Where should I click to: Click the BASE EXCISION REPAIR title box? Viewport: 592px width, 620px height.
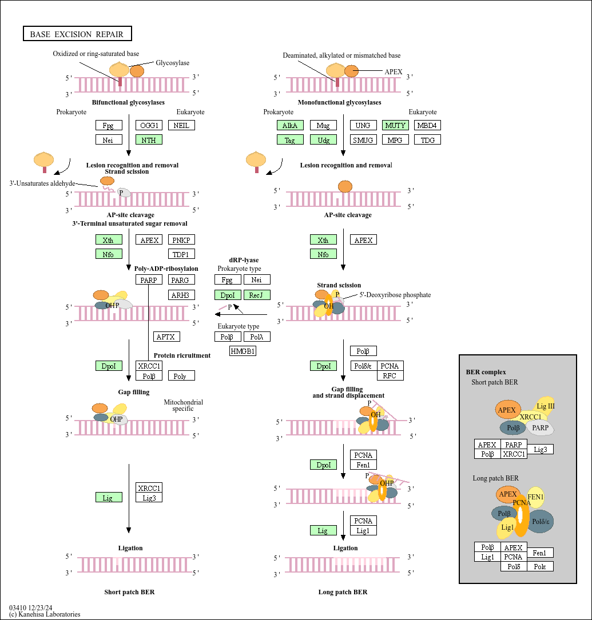coord(77,34)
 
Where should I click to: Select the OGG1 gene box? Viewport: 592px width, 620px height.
coord(149,125)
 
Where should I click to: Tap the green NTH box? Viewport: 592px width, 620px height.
coord(149,139)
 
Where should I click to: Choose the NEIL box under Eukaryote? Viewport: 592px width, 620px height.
coord(181,125)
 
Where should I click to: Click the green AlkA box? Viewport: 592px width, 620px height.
coord(290,125)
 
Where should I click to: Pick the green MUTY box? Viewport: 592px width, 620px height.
coord(395,125)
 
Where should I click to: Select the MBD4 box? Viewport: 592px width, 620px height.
coord(427,125)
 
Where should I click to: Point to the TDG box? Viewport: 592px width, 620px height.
coord(427,139)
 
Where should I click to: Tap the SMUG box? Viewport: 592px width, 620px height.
coord(363,139)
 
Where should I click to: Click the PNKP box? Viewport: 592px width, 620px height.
coord(181,240)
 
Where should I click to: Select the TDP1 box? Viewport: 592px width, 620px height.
coord(181,254)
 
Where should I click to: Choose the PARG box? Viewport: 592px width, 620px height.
coord(181,280)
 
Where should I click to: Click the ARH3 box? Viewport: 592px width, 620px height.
coord(181,295)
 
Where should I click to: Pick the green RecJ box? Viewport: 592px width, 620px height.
coord(257,295)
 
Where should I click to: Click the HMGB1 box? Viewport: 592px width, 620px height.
coord(243,351)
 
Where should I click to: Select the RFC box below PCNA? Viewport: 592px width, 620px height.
coord(390,375)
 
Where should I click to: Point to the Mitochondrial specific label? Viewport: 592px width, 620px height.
coord(184,405)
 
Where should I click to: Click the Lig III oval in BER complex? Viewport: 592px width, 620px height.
coord(545,406)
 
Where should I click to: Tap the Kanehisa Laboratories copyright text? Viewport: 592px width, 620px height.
coord(45,614)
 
